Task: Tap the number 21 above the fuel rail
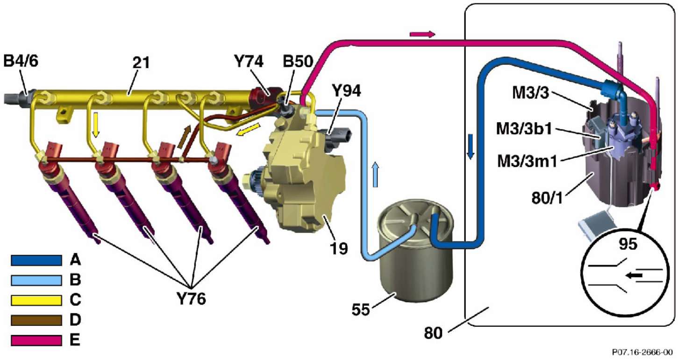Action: click(141, 62)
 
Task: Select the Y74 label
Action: click(248, 62)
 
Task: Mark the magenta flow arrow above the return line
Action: click(422, 34)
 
